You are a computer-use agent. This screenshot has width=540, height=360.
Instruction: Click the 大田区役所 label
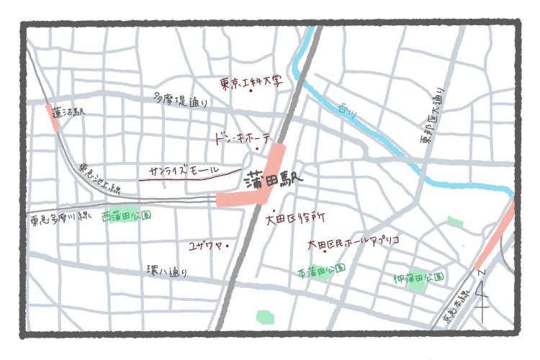(295, 216)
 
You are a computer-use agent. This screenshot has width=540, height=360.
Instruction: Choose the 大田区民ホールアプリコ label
(353, 242)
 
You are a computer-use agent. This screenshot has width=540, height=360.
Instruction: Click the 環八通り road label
(167, 271)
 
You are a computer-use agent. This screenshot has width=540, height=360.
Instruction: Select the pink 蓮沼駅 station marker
(53, 117)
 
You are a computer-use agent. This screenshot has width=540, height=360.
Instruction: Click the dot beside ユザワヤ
(228, 246)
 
